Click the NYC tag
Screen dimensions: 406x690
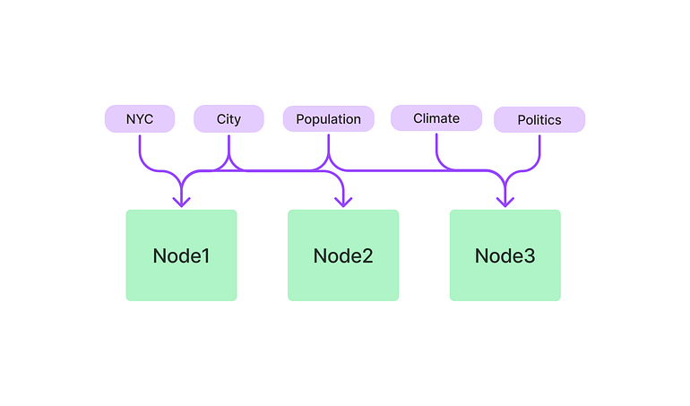139,118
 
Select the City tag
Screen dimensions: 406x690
229,118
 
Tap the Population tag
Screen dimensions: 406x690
328,118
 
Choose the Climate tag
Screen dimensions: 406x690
436,117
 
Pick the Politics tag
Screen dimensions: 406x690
539,119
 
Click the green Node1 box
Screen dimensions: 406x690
181,255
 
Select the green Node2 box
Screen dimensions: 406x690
343,255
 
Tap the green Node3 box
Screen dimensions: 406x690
505,255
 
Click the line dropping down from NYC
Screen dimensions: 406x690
140,148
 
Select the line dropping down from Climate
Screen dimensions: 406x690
436,148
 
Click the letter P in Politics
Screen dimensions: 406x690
522,119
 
